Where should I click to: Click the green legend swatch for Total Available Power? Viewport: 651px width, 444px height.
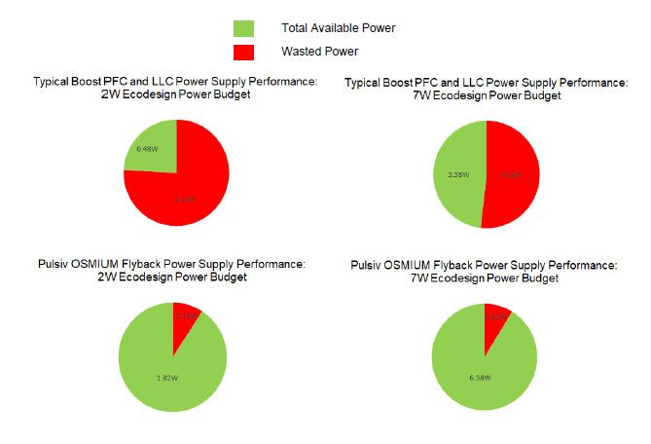[x=243, y=29]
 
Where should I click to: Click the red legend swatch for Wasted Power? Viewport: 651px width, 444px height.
[x=243, y=51]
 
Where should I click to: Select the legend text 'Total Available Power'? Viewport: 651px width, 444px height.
[x=338, y=29]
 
